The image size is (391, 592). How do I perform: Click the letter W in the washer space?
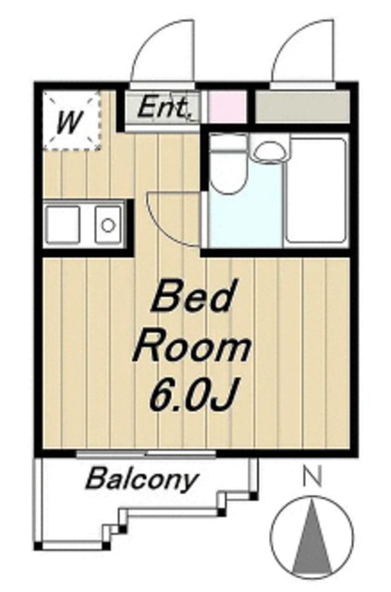[x=69, y=122]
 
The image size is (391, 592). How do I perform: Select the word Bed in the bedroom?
[x=191, y=297]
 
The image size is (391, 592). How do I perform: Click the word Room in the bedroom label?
[x=191, y=347]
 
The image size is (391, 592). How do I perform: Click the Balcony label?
[x=141, y=479]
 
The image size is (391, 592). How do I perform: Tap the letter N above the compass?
[x=312, y=476]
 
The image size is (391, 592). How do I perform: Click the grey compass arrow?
[x=312, y=536]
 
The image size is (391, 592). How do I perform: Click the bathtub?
[x=316, y=191]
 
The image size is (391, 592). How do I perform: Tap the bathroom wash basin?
[x=269, y=152]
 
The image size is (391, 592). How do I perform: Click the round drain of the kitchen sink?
[x=108, y=226]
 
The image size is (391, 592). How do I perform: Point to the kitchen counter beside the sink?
[x=62, y=225]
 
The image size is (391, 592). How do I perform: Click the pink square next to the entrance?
[x=226, y=106]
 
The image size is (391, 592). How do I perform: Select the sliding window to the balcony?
[x=146, y=454]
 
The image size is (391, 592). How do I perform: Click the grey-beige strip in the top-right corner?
[x=302, y=107]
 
